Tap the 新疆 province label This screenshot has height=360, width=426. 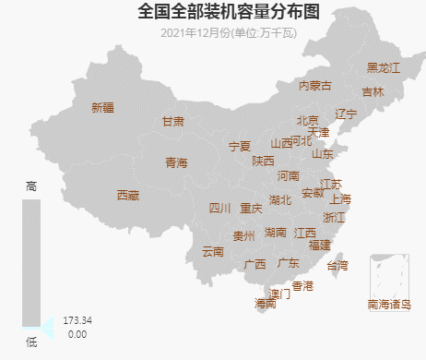click(x=102, y=108)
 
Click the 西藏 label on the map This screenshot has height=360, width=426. click(x=128, y=196)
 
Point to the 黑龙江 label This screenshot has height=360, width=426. click(x=384, y=67)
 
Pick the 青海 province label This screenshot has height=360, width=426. click(x=176, y=163)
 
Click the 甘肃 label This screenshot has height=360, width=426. click(x=173, y=122)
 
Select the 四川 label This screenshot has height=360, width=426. click(x=220, y=209)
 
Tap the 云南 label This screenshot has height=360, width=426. click(x=212, y=252)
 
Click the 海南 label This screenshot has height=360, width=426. click(x=266, y=304)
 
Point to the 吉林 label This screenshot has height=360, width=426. click(x=373, y=92)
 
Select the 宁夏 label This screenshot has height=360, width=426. click(x=240, y=147)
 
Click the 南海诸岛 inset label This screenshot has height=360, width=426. click(x=388, y=304)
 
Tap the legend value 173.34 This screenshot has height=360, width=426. click(x=77, y=320)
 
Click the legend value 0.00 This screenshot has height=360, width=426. click(x=77, y=334)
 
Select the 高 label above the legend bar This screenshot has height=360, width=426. click(x=31, y=186)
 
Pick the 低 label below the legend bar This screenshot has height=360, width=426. click(x=31, y=343)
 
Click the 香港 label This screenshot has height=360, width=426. click(x=302, y=286)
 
